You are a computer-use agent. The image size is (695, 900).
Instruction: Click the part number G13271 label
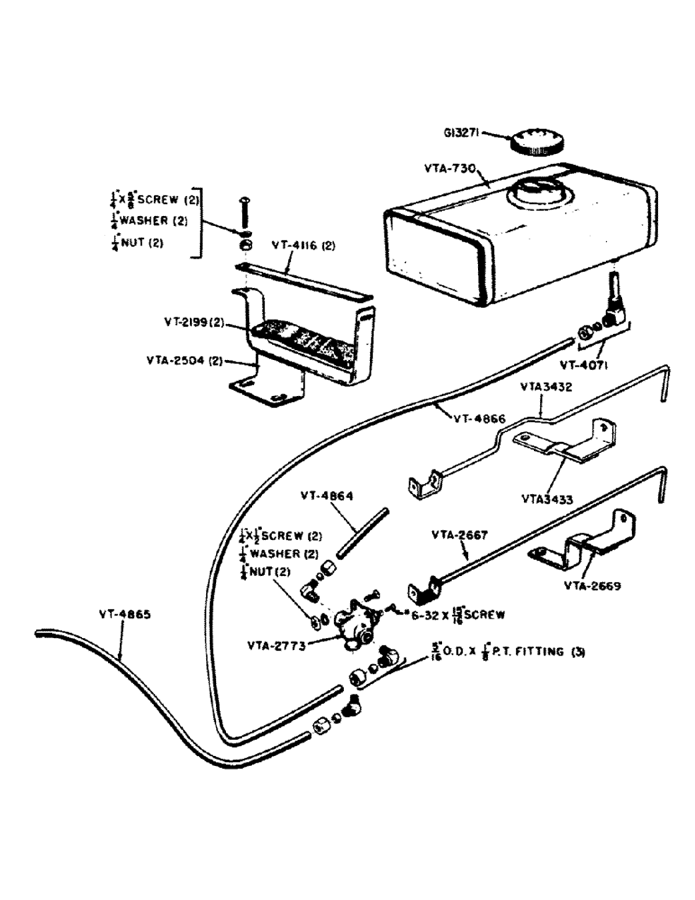pyautogui.click(x=464, y=133)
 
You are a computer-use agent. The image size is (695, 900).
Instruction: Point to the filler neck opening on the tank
pyautogui.click(x=537, y=190)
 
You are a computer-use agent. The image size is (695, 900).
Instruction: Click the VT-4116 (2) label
pyautogui.click(x=306, y=245)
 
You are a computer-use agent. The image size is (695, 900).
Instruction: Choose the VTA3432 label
pyautogui.click(x=549, y=386)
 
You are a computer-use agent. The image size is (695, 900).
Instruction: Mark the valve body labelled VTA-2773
pyautogui.click(x=357, y=625)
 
